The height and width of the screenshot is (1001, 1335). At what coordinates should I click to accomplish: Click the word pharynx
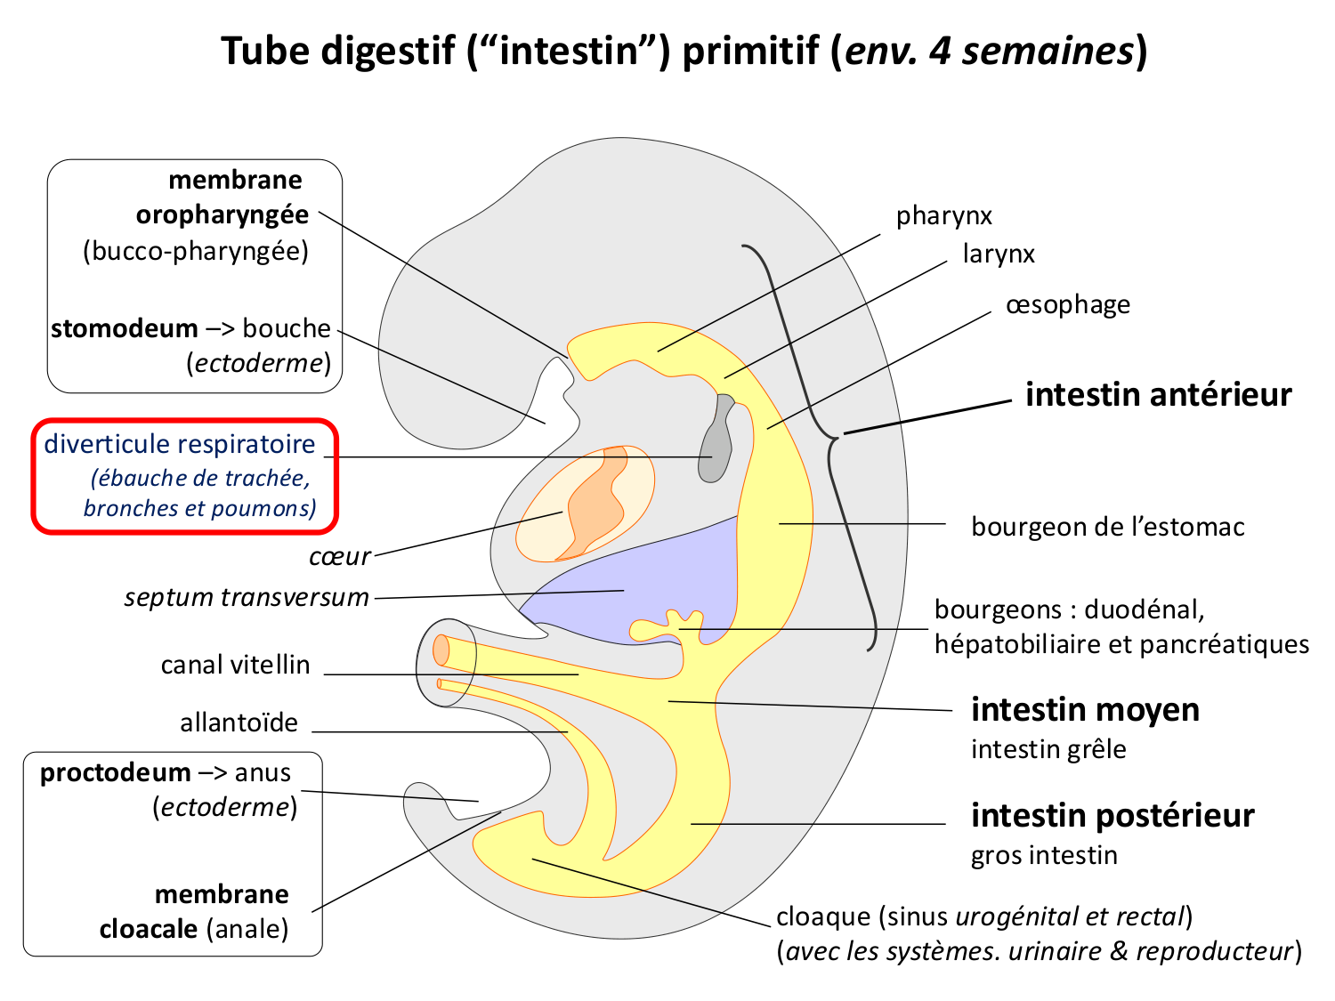(x=943, y=216)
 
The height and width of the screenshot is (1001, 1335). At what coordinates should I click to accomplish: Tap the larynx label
(x=999, y=254)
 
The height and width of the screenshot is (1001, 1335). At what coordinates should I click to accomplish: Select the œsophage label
(x=1067, y=305)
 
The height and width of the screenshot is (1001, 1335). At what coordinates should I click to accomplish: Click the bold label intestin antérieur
(x=1158, y=394)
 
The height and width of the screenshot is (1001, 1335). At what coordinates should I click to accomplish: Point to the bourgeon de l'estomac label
(x=1107, y=527)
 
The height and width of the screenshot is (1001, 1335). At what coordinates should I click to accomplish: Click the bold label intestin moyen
(x=1085, y=710)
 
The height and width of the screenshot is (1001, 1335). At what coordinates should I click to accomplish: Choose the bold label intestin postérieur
(x=1112, y=815)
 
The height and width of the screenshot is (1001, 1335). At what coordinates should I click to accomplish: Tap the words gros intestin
(x=1044, y=855)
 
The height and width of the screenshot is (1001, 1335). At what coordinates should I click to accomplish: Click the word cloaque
(x=823, y=916)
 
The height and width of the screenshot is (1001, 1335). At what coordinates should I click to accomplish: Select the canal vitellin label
(x=235, y=665)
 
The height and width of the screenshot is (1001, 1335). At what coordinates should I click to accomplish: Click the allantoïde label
(x=239, y=722)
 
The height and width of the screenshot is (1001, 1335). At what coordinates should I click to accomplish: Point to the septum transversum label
(x=247, y=597)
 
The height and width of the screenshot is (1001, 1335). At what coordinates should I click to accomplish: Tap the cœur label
(x=339, y=557)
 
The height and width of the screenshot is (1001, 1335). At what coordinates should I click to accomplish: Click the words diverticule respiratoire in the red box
(x=180, y=444)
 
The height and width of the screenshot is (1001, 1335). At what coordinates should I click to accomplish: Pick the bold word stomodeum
(x=124, y=328)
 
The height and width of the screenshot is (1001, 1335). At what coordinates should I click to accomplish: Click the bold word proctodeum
(x=115, y=772)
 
